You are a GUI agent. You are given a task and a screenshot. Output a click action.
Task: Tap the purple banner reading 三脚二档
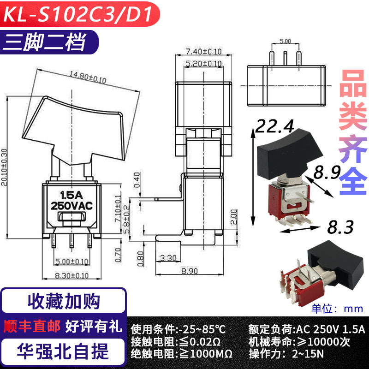click(49, 42)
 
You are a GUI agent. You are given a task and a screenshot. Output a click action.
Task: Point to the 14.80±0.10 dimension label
click(88, 77)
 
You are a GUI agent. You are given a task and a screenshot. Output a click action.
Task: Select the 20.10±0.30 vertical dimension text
click(4, 167)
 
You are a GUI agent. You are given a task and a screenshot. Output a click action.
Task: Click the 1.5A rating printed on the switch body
click(71, 195)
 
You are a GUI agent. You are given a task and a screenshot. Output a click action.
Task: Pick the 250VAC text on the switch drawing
click(72, 206)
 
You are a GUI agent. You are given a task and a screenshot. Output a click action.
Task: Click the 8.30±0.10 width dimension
click(72, 275)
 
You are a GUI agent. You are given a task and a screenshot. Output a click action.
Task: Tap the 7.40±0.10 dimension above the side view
click(204, 51)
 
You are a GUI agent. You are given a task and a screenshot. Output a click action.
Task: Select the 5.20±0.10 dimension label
click(203, 63)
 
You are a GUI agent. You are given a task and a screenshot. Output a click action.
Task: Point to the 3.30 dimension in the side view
click(168, 258)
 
